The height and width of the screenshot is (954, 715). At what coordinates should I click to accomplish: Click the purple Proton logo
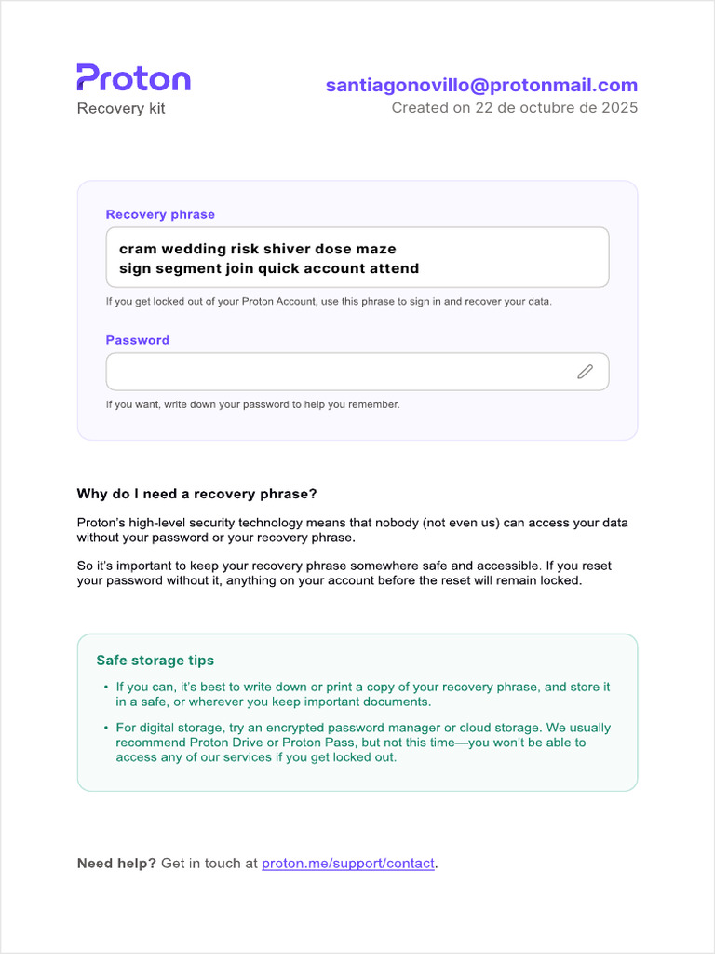pos(133,78)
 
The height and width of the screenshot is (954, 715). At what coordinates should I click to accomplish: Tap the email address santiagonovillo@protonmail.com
pos(481,86)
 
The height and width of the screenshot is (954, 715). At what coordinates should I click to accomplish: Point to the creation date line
pos(514,108)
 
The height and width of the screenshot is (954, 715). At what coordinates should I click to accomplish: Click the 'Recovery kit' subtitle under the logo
pos(121,109)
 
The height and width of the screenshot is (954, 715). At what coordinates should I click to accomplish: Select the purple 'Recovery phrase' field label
pos(160,214)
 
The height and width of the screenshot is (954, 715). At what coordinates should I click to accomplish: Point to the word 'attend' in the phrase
pos(393,268)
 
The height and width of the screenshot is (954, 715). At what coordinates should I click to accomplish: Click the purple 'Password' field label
pos(138,340)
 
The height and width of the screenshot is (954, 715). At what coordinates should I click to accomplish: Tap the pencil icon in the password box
pos(585,372)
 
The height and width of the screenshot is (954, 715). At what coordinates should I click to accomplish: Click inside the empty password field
pos(335,372)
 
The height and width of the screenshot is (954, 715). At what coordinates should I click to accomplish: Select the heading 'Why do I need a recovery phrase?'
pos(196,494)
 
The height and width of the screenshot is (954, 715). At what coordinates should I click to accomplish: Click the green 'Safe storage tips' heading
pos(155,661)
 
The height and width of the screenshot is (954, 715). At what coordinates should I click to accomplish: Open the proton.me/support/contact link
pos(348,864)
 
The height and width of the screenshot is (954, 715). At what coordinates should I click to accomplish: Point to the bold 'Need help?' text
pos(116,864)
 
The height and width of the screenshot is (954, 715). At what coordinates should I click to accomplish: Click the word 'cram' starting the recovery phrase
pos(138,249)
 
